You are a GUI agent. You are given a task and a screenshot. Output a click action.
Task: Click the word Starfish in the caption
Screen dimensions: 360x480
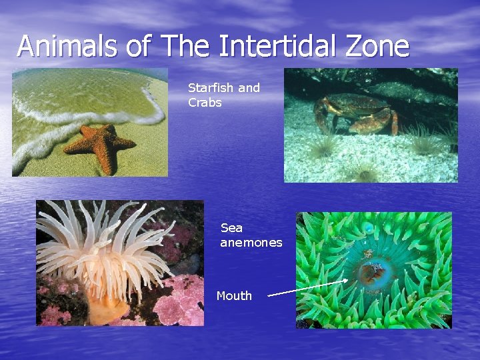[210, 88]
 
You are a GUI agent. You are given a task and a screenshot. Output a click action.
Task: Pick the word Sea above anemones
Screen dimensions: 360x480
[231, 228]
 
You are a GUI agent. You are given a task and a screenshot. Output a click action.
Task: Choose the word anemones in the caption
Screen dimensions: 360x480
[251, 243]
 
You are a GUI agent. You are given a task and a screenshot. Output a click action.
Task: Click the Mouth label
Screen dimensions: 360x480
[234, 296]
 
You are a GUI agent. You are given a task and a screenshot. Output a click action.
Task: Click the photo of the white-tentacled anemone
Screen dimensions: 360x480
[120, 263]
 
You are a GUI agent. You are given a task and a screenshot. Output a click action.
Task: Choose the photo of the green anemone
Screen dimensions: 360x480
[373, 270]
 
